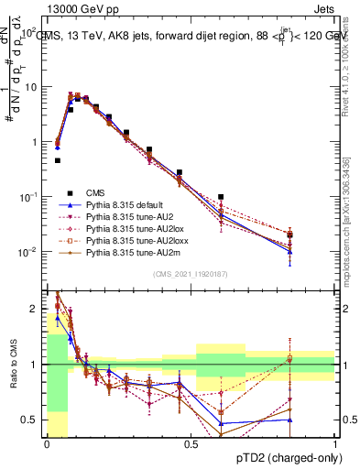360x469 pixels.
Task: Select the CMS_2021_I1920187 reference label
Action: tap(191, 274)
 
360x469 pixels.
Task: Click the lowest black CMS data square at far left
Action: tap(58, 160)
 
